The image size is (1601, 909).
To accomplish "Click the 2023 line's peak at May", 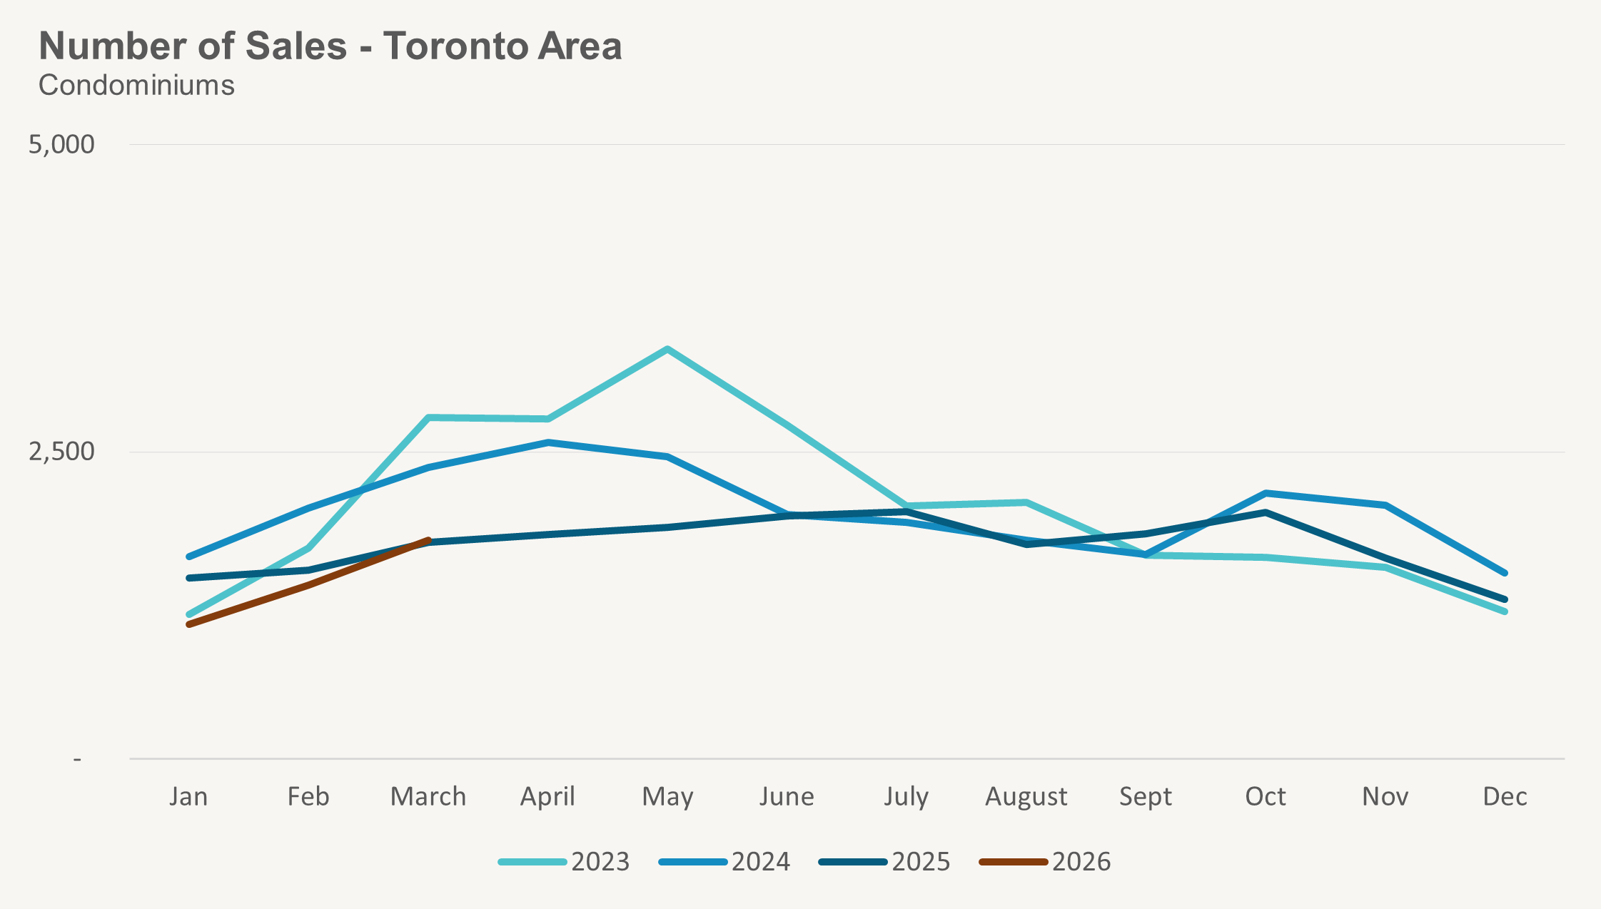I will [x=667, y=349].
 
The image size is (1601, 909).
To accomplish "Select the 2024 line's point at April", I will [x=548, y=442].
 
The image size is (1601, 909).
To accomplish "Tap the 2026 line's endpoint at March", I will [x=428, y=540].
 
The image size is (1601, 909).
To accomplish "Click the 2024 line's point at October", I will [x=1266, y=493].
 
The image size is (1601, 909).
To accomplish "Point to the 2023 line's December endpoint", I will [x=1505, y=611].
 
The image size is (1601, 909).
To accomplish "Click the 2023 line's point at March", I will [x=428, y=417].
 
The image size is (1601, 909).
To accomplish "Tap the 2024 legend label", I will [x=760, y=862].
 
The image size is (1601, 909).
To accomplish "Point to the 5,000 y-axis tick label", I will [x=61, y=144].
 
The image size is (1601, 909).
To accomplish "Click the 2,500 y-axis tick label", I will [x=61, y=452].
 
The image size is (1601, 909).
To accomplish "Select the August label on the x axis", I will [x=1026, y=796].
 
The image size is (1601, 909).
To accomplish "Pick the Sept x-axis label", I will [x=1145, y=796].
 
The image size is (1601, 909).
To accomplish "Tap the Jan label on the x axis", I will [x=188, y=796].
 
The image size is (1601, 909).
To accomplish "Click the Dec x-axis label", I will [x=1505, y=796].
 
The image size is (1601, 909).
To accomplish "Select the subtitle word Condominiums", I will [x=136, y=86].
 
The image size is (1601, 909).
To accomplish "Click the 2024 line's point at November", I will [x=1385, y=505].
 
